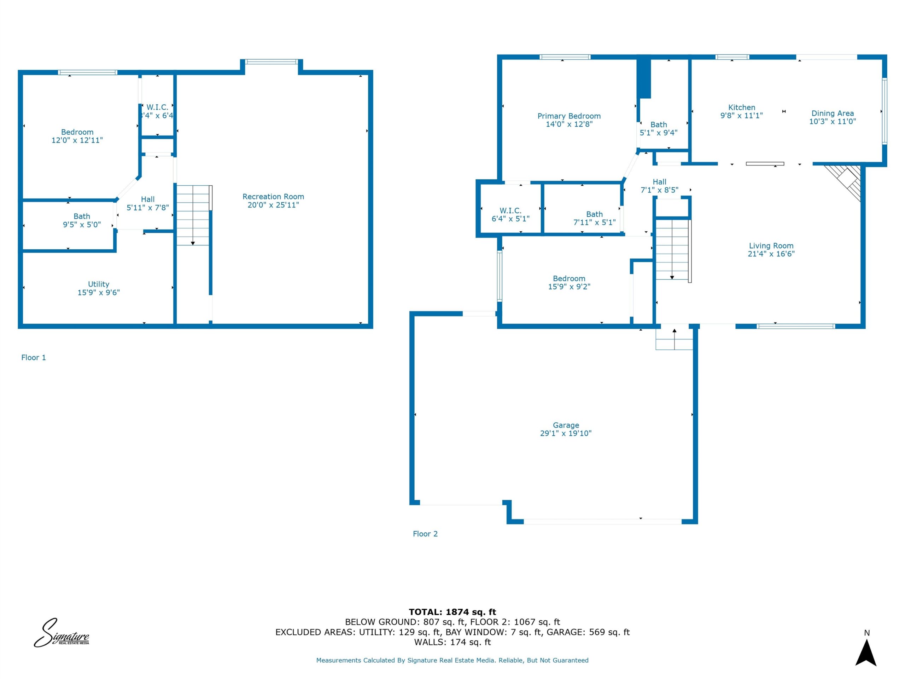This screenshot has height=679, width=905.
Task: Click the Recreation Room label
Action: click(x=273, y=197)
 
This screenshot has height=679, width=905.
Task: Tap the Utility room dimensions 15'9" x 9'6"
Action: click(x=99, y=292)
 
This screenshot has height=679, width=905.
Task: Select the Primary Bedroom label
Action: click(x=569, y=116)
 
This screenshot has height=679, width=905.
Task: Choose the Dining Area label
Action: click(x=833, y=114)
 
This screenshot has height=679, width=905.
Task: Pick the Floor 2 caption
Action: click(x=425, y=534)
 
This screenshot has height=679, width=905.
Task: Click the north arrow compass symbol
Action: click(x=866, y=652)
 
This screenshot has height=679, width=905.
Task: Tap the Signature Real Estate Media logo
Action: click(x=62, y=633)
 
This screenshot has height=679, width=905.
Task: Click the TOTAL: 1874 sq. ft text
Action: click(x=452, y=612)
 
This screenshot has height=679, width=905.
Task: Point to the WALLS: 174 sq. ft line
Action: click(x=452, y=642)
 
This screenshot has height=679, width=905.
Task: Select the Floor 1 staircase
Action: click(x=193, y=215)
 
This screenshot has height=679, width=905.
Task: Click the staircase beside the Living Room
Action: click(x=673, y=250)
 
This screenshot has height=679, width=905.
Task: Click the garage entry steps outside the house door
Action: click(x=674, y=339)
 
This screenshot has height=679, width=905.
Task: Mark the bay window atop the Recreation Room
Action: click(x=271, y=62)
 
